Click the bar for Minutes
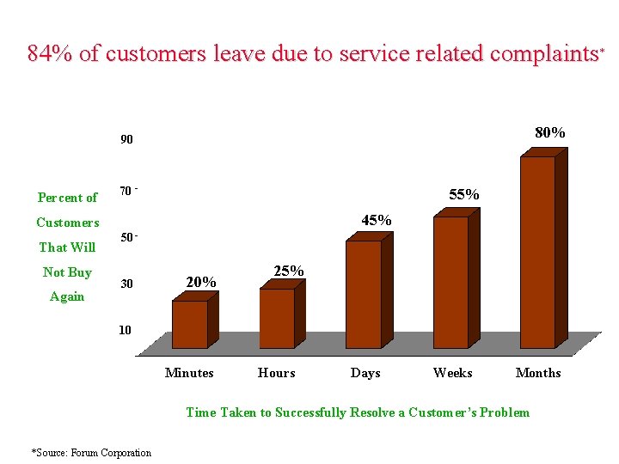tap(190, 324)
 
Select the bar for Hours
tap(277, 318)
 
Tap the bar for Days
tap(363, 294)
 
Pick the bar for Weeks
tap(450, 282)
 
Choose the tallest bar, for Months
tap(537, 252)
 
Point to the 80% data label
tap(550, 132)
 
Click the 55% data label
tap(464, 195)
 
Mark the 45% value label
tap(377, 221)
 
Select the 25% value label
tap(289, 271)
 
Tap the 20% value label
tap(201, 282)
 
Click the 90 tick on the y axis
tap(126, 139)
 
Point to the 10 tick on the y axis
tap(126, 330)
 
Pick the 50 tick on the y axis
tap(125, 237)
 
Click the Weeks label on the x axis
tap(452, 373)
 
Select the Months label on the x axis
tap(538, 373)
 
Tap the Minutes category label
tap(189, 373)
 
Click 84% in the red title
tap(50, 54)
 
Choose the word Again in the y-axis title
tap(67, 296)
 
